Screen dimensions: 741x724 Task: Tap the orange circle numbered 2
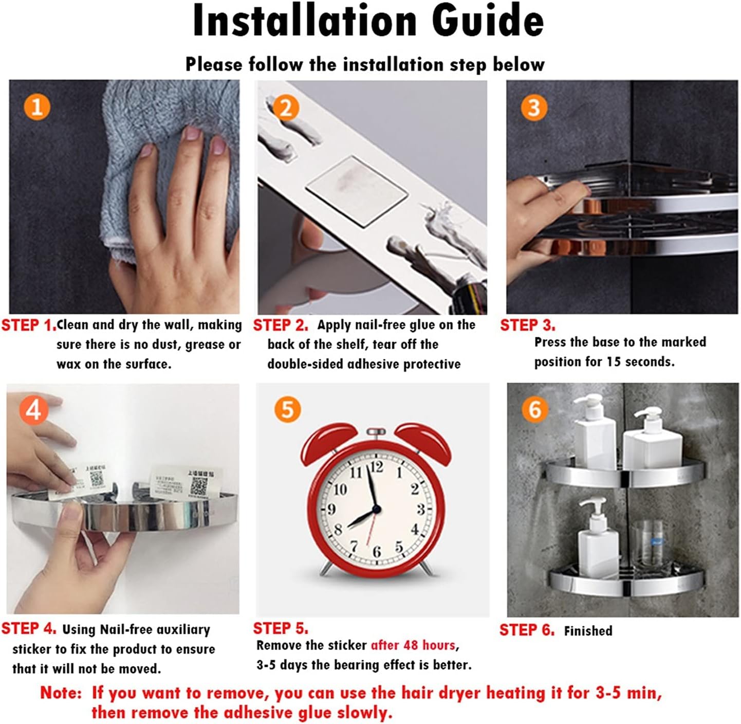tap(286, 108)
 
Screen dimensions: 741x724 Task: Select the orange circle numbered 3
tap(534, 107)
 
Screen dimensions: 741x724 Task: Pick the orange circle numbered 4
tap(34, 410)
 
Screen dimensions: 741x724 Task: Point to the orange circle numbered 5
tap(287, 410)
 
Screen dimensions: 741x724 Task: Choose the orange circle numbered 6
tap(534, 410)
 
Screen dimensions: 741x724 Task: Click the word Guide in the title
tap(488, 21)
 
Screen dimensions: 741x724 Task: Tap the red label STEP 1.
tap(29, 325)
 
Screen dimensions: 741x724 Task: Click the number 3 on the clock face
tap(420, 509)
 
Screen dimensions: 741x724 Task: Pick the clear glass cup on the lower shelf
tap(647, 548)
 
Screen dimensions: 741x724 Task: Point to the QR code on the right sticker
tap(199, 486)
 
